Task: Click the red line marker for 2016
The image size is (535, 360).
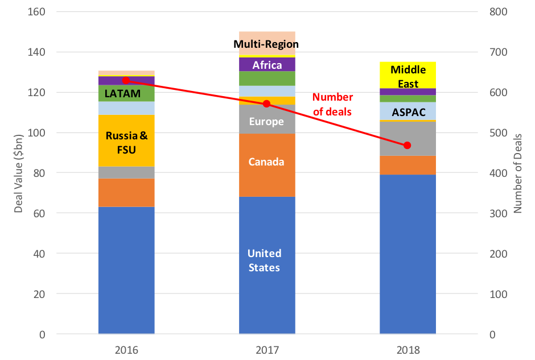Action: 126,80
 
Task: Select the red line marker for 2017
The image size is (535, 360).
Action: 267,104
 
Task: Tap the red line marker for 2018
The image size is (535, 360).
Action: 407,145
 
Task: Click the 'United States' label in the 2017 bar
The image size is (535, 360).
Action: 265,260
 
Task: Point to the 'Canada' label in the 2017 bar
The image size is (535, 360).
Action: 266,162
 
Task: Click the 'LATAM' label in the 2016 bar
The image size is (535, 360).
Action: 122,93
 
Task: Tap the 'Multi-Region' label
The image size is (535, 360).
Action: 266,44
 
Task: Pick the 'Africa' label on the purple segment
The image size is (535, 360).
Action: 267,65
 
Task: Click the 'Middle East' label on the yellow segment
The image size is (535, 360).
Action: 408,77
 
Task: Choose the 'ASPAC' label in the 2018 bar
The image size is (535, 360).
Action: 409,112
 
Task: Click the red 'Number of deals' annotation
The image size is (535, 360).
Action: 332,105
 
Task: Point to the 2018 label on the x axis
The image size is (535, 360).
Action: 408,349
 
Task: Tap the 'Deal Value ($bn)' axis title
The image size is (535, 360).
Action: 19,173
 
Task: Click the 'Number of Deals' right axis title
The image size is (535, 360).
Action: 517,173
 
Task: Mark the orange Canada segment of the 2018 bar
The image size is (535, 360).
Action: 408,165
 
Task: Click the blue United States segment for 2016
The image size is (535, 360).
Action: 126,270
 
